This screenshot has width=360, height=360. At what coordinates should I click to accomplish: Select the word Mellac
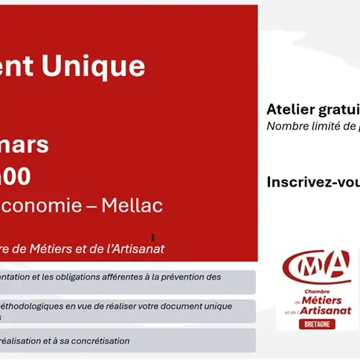[x=134, y=205]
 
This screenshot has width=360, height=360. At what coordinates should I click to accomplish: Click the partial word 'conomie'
[x=46, y=205]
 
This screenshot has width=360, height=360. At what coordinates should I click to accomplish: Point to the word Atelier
[x=288, y=109]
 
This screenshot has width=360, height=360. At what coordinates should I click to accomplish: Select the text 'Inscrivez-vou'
[x=312, y=181]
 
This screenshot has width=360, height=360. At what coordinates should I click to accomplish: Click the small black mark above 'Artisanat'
[x=152, y=237]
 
